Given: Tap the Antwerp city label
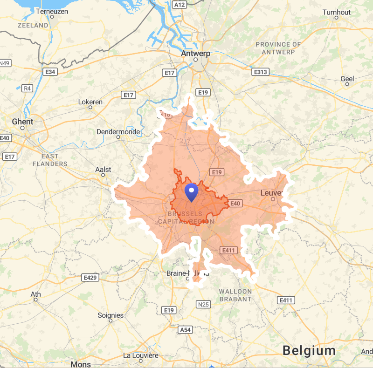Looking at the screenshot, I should tap(196, 53).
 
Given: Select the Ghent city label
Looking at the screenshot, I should tap(22, 122).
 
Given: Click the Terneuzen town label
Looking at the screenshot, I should tap(52, 10).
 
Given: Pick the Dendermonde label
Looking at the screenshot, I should tap(118, 132).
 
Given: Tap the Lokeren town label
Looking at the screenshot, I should tap(90, 102).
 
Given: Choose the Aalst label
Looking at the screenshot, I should tap(103, 170).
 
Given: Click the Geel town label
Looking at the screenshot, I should tap(347, 79).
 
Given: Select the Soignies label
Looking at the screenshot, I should tap(111, 315).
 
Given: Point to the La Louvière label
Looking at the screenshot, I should tap(141, 355).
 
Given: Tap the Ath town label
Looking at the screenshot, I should tap(35, 294).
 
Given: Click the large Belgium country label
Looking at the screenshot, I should tap(309, 350).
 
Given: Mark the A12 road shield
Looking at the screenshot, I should tap(179, 5).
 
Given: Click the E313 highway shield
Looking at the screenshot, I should tap(260, 72).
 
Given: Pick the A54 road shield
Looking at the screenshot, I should tap(185, 330).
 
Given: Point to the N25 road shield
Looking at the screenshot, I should tap(204, 305).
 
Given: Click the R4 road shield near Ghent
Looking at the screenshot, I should tap(28, 88).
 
